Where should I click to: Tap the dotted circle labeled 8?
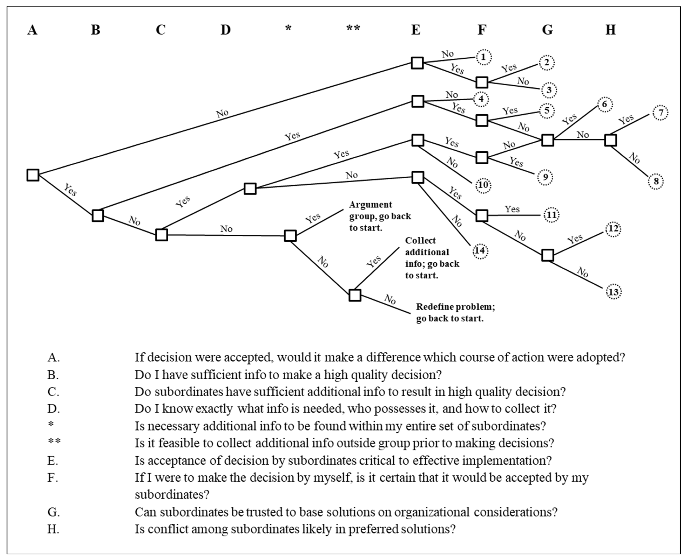coord(656,181)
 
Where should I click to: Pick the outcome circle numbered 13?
coord(613,292)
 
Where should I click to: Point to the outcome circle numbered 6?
coord(604,104)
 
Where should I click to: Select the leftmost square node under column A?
coord(33,175)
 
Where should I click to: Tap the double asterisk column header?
coord(353,28)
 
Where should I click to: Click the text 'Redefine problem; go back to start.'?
coord(455,312)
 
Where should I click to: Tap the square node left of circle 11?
coord(482,215)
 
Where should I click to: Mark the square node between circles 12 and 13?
coord(548,255)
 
